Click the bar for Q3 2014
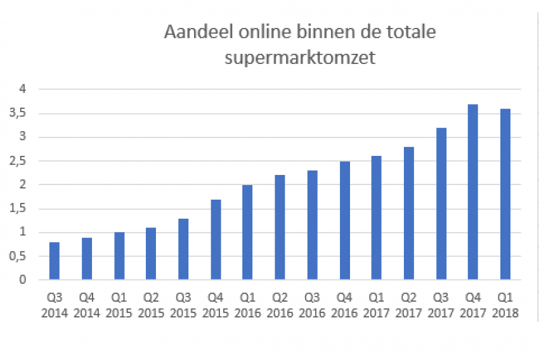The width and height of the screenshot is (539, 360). (x=55, y=260)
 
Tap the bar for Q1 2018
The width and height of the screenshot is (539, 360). (x=505, y=194)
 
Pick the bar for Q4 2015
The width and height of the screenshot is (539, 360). (x=216, y=240)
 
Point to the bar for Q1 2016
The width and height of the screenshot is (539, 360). (x=247, y=232)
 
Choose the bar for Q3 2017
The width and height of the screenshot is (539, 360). (x=441, y=203)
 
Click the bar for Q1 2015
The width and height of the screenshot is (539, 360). (x=119, y=256)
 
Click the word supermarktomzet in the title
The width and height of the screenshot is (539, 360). (x=300, y=59)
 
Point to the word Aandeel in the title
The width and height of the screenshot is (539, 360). (x=195, y=32)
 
